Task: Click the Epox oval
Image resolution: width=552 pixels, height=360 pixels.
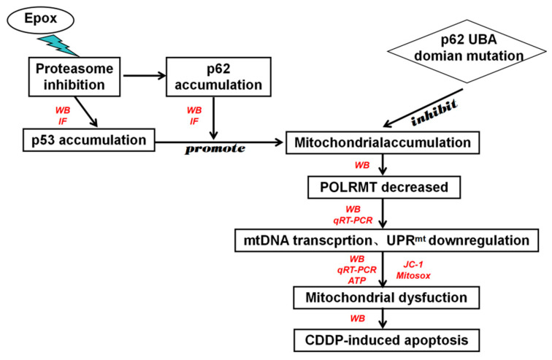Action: coord(40,20)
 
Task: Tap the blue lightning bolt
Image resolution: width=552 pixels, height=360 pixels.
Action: coord(59,46)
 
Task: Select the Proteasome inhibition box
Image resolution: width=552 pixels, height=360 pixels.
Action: coord(74,77)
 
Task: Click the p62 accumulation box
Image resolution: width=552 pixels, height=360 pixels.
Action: coord(218,77)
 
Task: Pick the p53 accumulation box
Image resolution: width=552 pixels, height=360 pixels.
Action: coord(89,140)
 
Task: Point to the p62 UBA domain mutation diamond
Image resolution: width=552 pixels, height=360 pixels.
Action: coord(467,51)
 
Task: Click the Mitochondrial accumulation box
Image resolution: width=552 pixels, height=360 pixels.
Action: coord(383,142)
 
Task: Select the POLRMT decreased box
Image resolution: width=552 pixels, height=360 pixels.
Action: coord(384,187)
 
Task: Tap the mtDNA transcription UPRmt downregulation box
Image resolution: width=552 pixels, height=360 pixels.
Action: coord(386,240)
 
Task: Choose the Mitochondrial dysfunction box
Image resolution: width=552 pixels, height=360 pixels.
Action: coord(386,298)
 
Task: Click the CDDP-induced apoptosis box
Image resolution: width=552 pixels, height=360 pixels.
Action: coord(386,340)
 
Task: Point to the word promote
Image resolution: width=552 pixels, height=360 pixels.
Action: coord(215,149)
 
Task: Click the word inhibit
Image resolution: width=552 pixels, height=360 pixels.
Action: coord(434,112)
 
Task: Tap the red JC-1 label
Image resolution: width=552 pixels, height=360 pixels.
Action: coord(413,264)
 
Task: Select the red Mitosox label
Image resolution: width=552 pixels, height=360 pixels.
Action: coord(413,275)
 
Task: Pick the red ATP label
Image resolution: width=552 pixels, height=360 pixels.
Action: coord(357,280)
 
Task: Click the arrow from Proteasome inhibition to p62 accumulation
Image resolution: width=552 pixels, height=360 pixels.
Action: coord(145,76)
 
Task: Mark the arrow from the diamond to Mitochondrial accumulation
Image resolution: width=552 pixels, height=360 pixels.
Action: coord(423,107)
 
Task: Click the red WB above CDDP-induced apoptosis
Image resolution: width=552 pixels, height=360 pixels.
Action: coord(357,318)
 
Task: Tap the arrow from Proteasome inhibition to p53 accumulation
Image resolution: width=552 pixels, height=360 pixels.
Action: coord(86,112)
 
